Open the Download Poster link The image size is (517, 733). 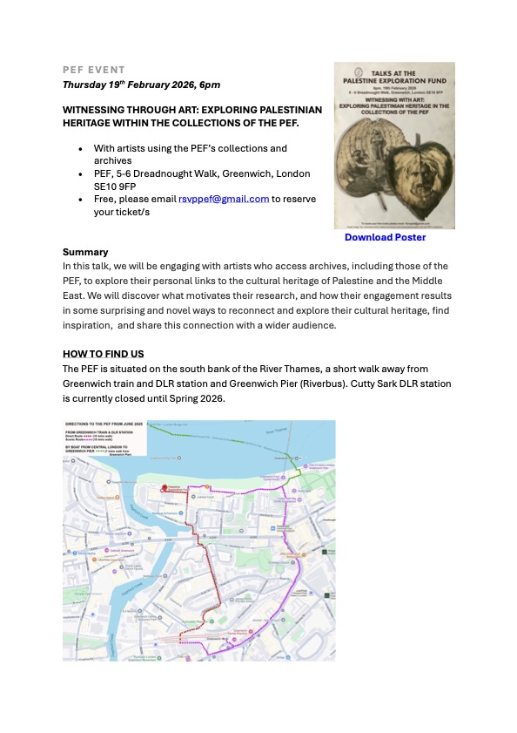pos(385,237)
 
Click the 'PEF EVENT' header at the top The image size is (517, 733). pos(94,70)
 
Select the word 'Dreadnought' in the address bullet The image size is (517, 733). pos(175,173)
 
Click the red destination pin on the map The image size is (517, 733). pos(164,488)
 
